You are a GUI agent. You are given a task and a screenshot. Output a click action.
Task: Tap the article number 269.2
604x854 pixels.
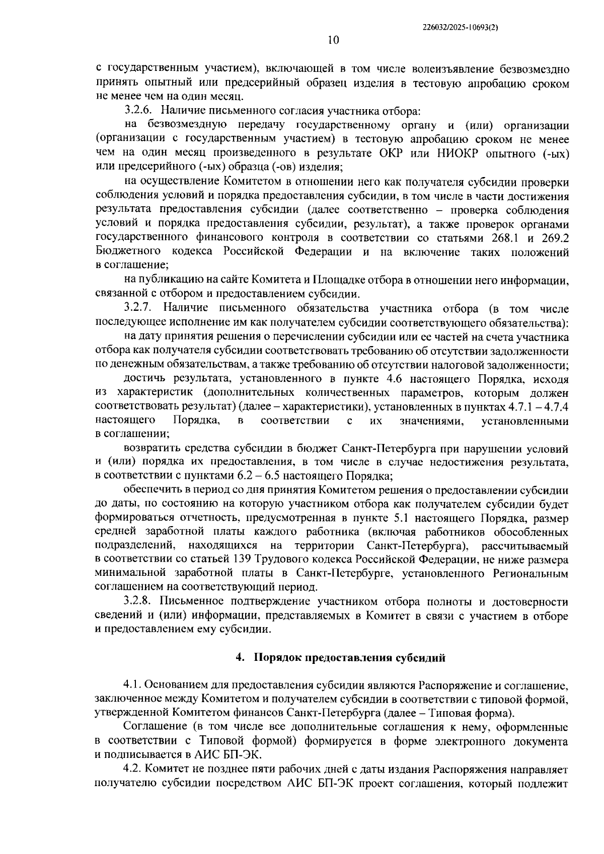554,237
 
